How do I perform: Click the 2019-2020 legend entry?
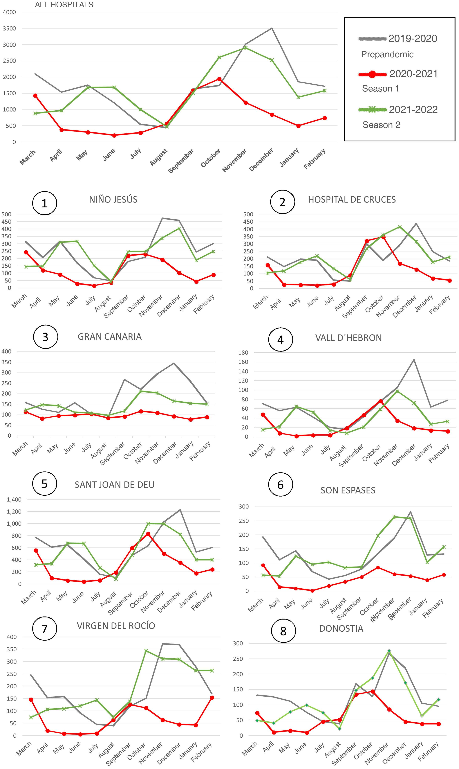pos(413,39)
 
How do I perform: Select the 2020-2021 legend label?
pos(413,74)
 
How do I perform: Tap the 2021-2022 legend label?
pos(413,109)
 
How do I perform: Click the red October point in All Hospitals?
pos(219,79)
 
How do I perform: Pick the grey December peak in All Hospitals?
pos(272,28)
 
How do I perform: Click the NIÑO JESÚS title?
pos(113,200)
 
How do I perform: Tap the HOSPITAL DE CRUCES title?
pos(352,200)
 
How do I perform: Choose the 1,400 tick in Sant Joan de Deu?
pos(14,500)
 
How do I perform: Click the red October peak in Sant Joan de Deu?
pos(148,534)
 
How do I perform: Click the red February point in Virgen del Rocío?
pos(212,698)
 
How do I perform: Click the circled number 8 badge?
pos(283,631)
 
